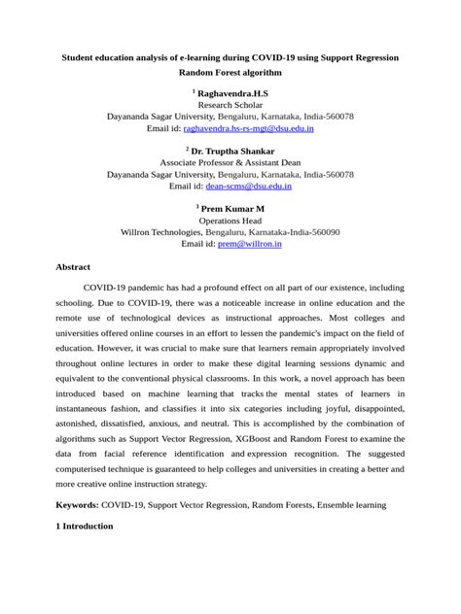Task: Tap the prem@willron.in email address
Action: [x=250, y=244]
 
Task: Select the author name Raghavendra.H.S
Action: [x=233, y=92]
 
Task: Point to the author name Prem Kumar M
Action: [x=233, y=209]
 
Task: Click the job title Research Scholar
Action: [x=230, y=104]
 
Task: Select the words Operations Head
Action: [x=230, y=221]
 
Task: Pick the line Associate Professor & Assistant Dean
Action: [x=230, y=162]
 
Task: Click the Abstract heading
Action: [x=73, y=266]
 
